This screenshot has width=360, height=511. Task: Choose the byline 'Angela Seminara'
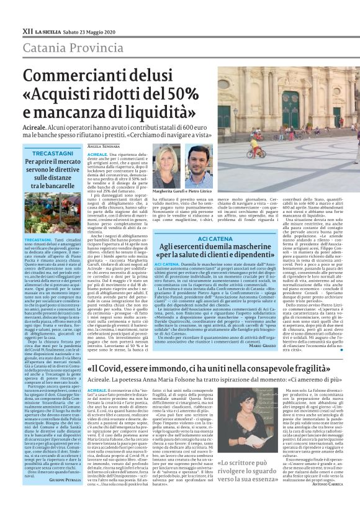pos(103,146)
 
